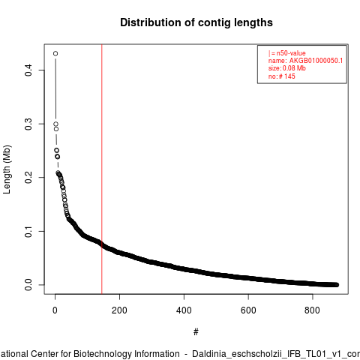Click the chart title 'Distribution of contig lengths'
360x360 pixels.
[196, 22]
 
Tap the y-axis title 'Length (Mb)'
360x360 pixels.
[7, 169]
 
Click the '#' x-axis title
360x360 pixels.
[196, 332]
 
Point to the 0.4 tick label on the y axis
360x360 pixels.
[28, 70]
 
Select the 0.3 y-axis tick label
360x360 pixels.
[28, 124]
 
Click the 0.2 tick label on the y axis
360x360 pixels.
[28, 177]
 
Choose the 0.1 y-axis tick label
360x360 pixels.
[28, 231]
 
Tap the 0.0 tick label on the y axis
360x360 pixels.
[28, 285]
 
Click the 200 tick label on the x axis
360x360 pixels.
[119, 310]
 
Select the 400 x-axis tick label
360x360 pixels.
[184, 310]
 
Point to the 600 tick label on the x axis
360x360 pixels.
[248, 310]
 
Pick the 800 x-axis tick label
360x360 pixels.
[312, 310]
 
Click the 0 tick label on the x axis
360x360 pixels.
[55, 310]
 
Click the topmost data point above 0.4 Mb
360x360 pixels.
[55, 53]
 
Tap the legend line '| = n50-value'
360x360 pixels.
[287, 53]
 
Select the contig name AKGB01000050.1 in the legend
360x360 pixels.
[316, 61]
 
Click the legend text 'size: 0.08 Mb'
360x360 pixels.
[287, 68]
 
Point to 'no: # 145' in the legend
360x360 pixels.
[282, 76]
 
